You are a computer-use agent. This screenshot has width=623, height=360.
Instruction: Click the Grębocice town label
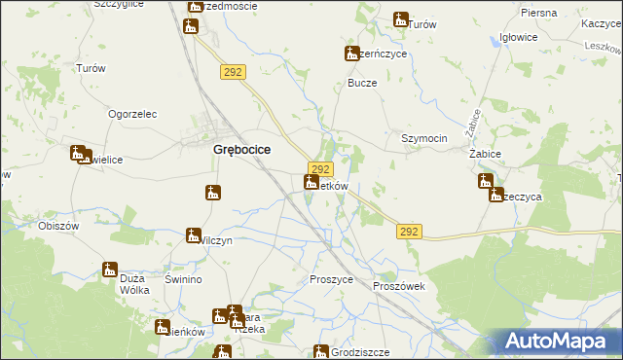(241, 150)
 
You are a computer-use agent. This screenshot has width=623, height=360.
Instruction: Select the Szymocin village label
(424, 138)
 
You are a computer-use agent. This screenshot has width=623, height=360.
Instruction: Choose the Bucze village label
(362, 83)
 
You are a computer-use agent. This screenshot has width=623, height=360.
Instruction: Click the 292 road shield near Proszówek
(410, 231)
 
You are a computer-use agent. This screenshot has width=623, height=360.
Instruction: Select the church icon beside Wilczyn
(195, 235)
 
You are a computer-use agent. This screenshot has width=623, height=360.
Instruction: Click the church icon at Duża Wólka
(110, 270)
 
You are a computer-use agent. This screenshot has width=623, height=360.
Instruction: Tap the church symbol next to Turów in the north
(400, 18)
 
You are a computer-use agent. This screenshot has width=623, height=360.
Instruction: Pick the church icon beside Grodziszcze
(320, 352)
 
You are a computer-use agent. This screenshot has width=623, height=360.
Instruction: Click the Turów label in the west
(91, 68)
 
